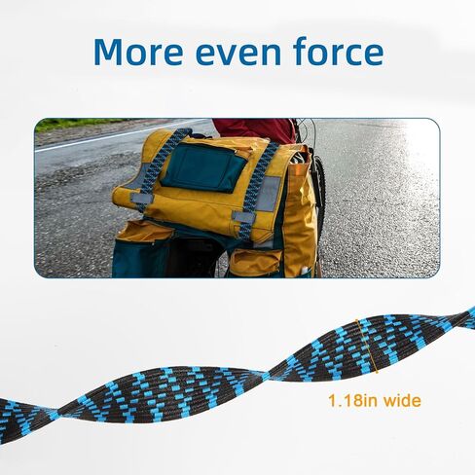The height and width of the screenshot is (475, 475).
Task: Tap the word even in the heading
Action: pyautogui.click(x=238, y=55)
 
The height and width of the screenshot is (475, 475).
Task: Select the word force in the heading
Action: pyautogui.click(x=338, y=51)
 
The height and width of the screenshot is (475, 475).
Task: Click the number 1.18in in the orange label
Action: pyautogui.click(x=353, y=400)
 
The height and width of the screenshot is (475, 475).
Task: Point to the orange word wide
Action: pyautogui.click(x=403, y=400)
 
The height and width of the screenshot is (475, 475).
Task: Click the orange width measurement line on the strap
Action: pyautogui.click(x=367, y=347)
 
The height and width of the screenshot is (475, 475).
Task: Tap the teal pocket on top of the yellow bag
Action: pyautogui.click(x=205, y=167)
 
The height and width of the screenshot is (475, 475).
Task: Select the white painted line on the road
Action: pyautogui.click(x=121, y=135)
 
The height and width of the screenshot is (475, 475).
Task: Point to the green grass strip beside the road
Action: pyautogui.click(x=81, y=124)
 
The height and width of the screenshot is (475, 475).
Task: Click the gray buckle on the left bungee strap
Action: pyautogui.click(x=142, y=198)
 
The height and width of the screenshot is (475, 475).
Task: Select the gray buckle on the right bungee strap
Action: pyautogui.click(x=244, y=217)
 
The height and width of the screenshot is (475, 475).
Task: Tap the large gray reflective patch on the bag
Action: pyautogui.click(x=269, y=194)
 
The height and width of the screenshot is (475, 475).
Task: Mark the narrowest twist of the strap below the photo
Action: pyautogui.click(x=267, y=376)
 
